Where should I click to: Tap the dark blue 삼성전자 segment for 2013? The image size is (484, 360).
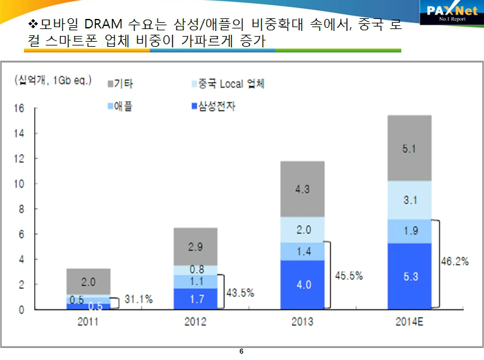[303, 284]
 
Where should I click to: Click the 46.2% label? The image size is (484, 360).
[456, 260]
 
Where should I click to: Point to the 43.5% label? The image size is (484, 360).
[239, 292]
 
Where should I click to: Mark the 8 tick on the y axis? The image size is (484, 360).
[20, 209]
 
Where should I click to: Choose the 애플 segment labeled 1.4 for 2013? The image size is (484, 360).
[303, 251]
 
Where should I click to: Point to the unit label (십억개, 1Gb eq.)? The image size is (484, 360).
[53, 80]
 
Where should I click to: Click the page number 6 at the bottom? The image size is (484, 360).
[241, 351]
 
